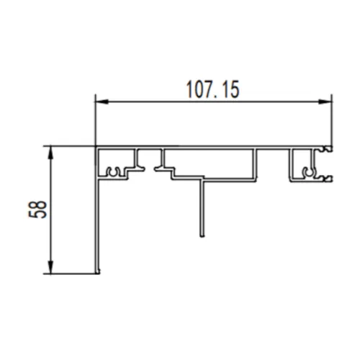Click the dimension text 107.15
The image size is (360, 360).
213,89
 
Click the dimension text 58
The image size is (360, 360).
41,209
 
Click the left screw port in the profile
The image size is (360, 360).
112,172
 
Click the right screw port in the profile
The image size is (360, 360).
308,172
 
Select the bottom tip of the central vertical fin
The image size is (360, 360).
202,235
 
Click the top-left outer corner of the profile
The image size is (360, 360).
96,146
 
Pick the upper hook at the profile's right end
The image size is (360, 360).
328,149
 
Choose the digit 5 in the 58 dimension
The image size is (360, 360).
41,214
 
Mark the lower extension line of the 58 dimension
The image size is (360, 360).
72,274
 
